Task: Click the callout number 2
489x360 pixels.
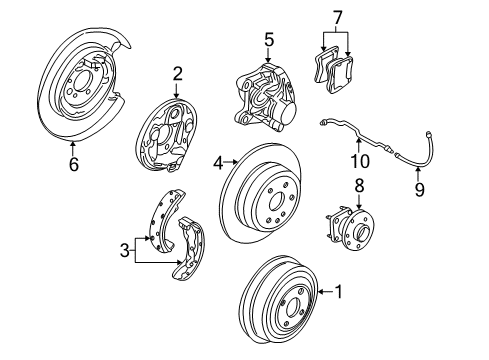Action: pos(177,73)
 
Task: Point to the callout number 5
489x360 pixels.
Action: pos(268,40)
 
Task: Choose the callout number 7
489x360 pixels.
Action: pos(338,17)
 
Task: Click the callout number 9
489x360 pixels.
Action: pos(418,187)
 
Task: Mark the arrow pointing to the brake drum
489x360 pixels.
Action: pos(324,292)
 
